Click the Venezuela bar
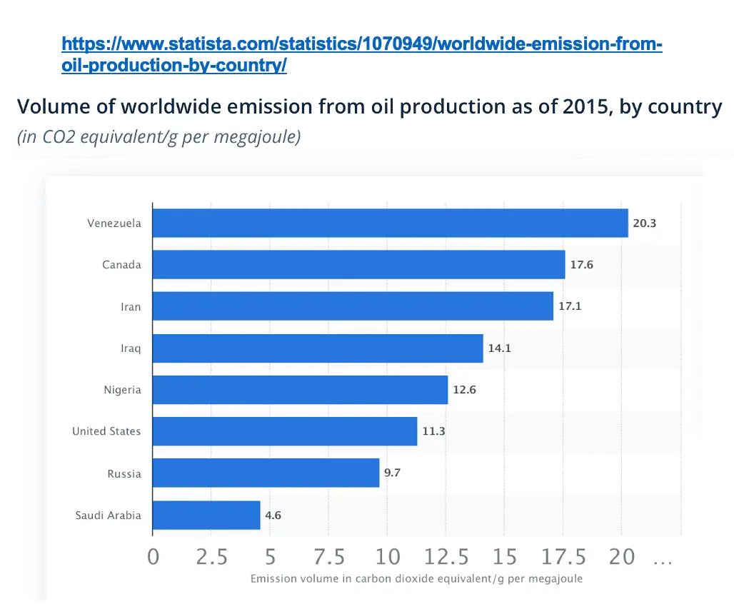click(391, 223)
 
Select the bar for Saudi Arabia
click(206, 515)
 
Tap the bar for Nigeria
click(301, 390)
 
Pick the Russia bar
click(266, 473)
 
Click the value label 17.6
click(581, 265)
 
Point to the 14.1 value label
click(500, 348)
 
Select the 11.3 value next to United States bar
click(433, 431)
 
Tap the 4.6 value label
click(273, 515)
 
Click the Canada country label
click(121, 265)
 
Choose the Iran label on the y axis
click(131, 307)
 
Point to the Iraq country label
click(131, 348)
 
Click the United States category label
click(106, 431)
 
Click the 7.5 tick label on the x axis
click(329, 557)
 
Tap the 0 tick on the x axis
click(154, 557)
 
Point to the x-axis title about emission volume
click(416, 578)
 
